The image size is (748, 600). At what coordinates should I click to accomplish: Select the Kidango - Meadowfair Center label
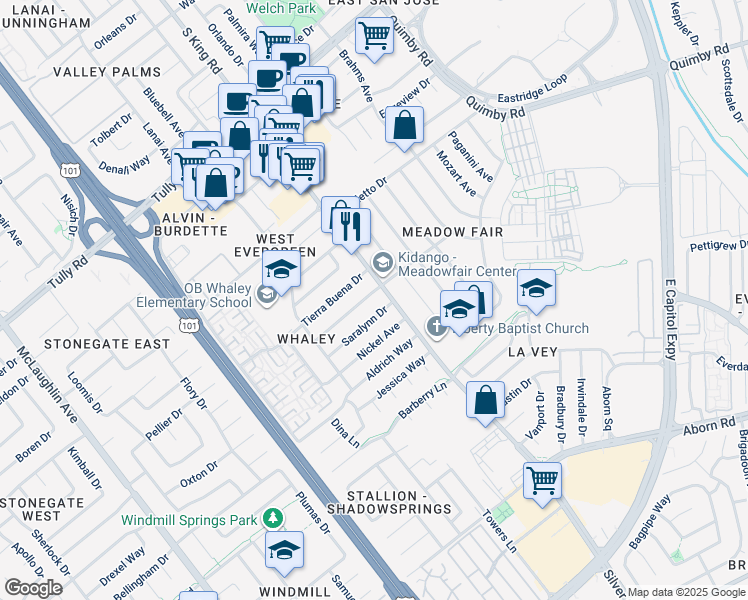point(456,265)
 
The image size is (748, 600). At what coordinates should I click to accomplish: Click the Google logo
point(33,587)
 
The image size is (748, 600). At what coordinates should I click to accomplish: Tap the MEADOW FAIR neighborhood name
point(451,232)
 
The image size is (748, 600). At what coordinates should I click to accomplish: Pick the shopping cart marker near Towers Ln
point(542,480)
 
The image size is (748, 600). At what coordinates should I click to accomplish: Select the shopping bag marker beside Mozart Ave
point(404,127)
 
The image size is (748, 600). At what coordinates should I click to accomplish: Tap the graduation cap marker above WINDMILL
point(284,550)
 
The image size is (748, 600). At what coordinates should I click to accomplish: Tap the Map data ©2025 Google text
point(686,592)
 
